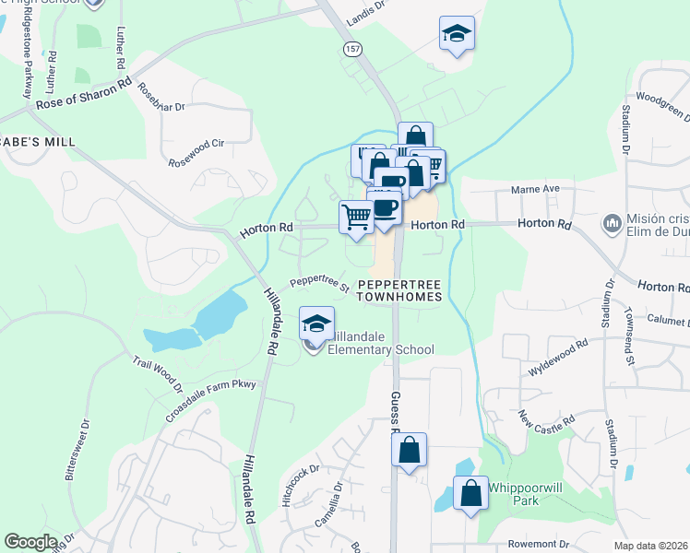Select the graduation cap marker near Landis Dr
coord(456,34)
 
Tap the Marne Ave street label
coord(536,190)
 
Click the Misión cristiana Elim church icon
coord(611,223)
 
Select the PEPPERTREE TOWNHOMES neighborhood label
coord(399,290)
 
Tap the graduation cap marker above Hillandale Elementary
coord(316,324)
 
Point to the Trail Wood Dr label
coord(158,375)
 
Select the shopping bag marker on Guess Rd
coord(409,451)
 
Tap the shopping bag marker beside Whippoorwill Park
coord(470,492)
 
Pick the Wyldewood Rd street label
coord(557,358)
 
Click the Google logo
coord(30,542)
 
